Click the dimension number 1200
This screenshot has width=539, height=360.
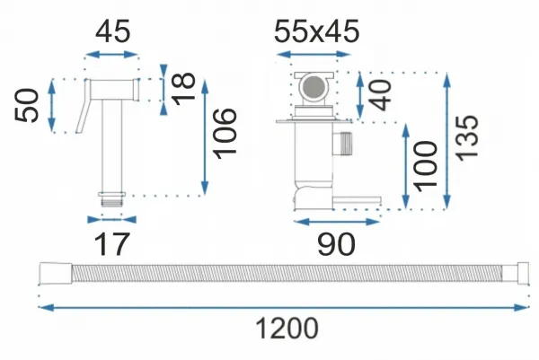tap(287, 329)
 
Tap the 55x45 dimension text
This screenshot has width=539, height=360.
tap(316, 31)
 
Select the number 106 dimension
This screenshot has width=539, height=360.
tap(225, 134)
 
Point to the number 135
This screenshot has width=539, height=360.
tap(466, 137)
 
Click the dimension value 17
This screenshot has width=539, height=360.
tap(111, 244)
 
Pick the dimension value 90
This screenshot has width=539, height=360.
tap(336, 244)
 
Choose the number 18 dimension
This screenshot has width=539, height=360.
tap(183, 89)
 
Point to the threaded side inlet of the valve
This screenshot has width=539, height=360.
tap(342, 144)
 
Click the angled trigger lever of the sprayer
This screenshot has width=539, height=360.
tap(84, 107)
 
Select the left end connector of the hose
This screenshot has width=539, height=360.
tap(56, 274)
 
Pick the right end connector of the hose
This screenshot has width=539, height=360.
tap(516, 274)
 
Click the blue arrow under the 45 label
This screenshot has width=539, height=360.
tap(111, 54)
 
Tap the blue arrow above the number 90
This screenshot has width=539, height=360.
tap(337, 222)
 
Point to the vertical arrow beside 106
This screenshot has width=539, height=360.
tap(205, 137)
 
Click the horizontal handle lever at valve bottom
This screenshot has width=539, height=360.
tap(357, 200)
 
